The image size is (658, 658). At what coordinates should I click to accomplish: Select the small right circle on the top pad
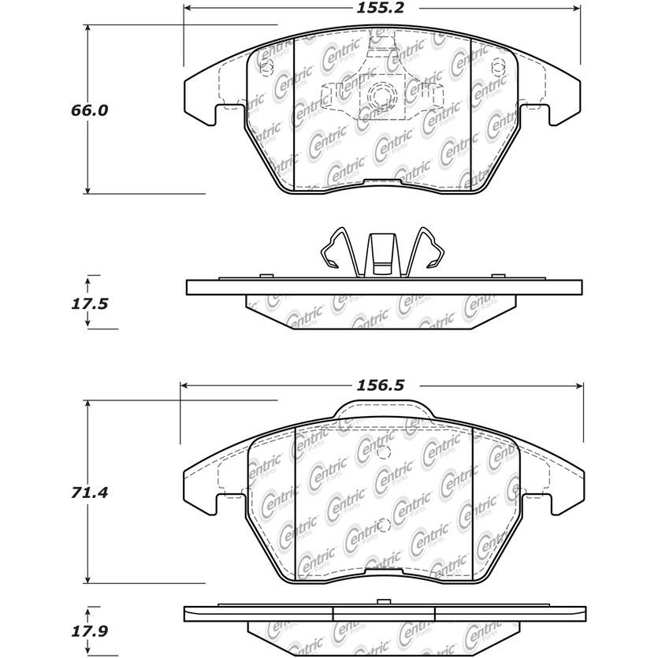(x=497, y=65)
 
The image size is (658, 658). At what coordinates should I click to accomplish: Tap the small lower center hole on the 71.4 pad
(x=383, y=526)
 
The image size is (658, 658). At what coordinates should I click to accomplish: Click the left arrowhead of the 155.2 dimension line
(x=188, y=10)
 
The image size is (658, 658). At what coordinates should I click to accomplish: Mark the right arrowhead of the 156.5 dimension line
(x=579, y=386)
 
